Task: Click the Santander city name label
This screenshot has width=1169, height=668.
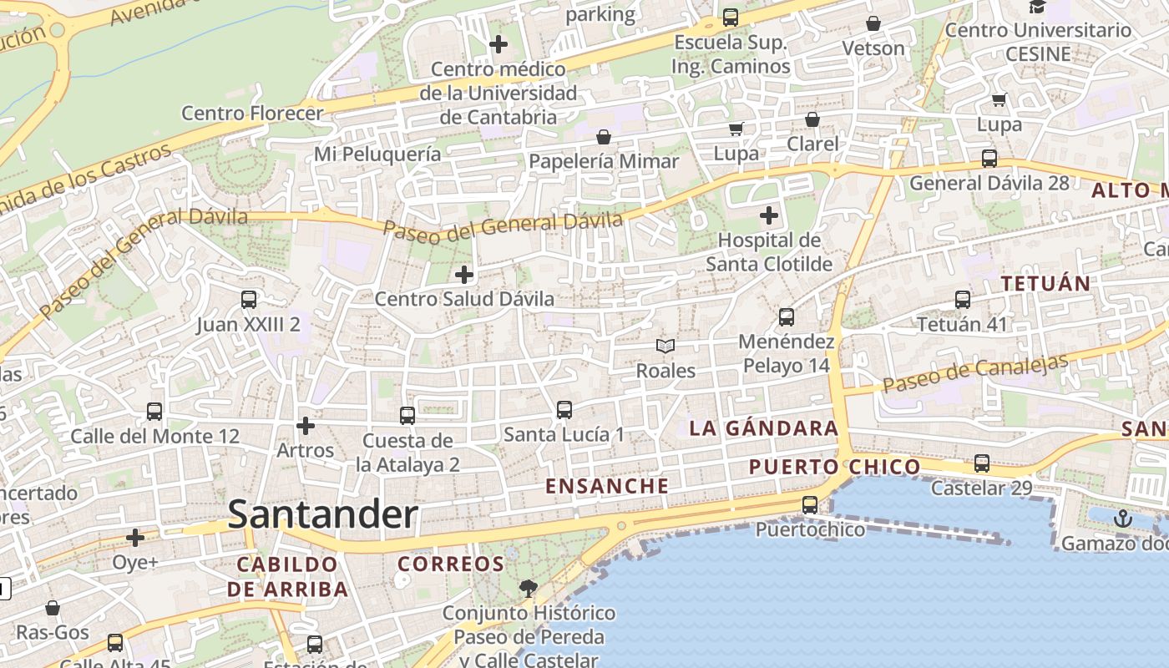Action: tap(322, 514)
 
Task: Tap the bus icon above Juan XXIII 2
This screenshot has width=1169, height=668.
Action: tap(248, 299)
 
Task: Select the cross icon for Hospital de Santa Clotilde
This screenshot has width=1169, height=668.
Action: tap(768, 216)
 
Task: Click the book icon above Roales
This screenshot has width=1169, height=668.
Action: tap(665, 346)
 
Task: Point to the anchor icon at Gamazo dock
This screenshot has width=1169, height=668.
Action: tap(1122, 519)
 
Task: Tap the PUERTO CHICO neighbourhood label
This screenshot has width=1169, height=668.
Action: tap(834, 467)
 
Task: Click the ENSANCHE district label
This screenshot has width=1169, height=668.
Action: tap(606, 486)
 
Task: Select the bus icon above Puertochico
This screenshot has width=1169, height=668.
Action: tap(809, 504)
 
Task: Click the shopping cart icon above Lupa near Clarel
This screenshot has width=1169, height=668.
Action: tap(736, 129)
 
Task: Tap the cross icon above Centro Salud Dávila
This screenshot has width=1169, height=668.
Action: tap(463, 274)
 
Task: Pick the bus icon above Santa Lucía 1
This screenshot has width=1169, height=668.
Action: tap(564, 409)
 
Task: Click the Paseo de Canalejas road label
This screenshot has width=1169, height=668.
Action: tap(975, 373)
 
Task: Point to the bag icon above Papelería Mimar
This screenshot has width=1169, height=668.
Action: tap(603, 136)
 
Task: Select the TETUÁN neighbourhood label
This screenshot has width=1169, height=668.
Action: tap(1045, 283)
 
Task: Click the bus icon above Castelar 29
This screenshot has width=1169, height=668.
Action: tap(981, 463)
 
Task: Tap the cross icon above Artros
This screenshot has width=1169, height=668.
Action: tap(306, 426)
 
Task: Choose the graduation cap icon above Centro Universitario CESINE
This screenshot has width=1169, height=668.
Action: tap(1037, 7)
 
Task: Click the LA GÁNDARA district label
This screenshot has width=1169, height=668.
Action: tap(763, 428)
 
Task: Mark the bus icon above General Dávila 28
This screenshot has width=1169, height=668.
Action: tap(989, 158)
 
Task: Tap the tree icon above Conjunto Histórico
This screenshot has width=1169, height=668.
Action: tap(528, 589)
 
